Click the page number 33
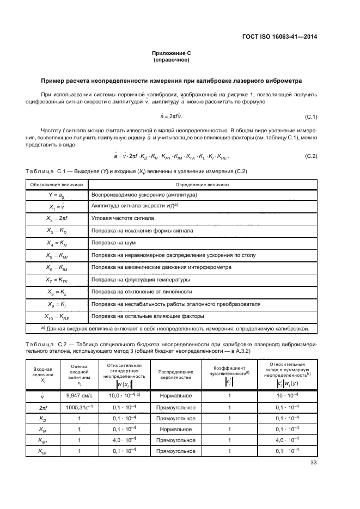pyautogui.click(x=313, y=463)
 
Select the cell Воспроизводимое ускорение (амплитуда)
pyautogui.click(x=144, y=195)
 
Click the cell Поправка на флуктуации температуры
pyautogui.click(x=141, y=280)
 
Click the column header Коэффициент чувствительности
pyautogui.click(x=229, y=370)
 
